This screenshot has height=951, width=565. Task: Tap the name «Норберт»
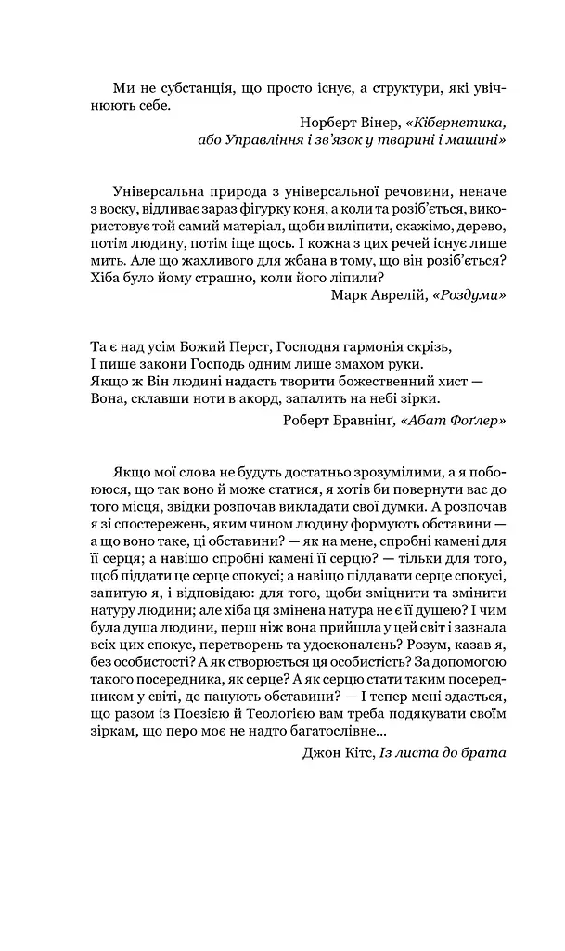click(x=330, y=123)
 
